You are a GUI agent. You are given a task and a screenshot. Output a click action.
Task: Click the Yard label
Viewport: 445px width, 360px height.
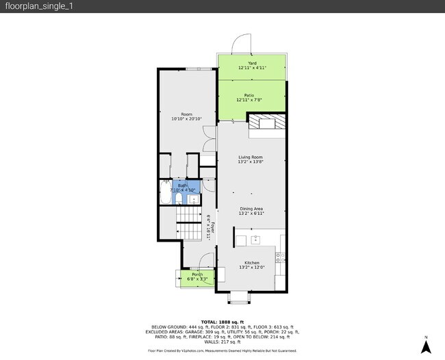251,63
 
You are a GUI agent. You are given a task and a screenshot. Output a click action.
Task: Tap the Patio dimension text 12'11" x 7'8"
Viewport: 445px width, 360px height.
251,101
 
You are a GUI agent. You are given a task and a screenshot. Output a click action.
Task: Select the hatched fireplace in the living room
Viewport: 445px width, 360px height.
259,123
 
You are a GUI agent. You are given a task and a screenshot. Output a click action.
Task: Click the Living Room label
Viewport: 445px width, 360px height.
251,157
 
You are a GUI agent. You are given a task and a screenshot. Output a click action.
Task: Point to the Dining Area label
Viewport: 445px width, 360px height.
251,209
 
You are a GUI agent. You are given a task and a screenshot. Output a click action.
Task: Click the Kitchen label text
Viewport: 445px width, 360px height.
251,262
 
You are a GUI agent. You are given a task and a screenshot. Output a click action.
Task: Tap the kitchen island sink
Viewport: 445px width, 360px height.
255,240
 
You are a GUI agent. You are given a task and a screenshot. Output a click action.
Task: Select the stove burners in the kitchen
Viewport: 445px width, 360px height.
280,257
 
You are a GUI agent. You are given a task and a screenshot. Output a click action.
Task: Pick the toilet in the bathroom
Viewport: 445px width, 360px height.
178,199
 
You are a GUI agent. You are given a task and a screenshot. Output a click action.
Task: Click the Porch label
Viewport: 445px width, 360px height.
197,274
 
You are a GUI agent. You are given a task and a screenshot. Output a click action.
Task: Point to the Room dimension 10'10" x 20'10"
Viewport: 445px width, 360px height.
181,119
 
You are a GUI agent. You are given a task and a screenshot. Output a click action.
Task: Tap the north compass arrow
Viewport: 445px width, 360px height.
425,346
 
